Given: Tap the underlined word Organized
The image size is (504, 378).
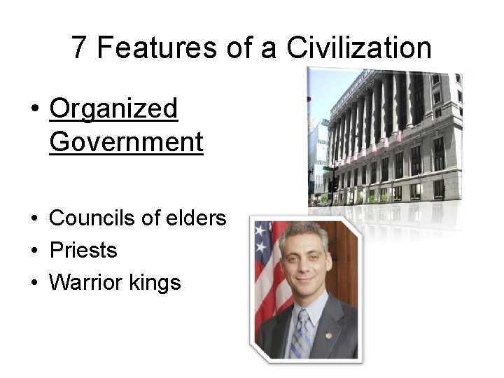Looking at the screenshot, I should [x=114, y=108].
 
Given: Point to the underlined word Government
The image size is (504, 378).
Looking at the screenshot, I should [x=126, y=141].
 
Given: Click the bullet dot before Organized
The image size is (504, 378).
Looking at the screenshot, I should [x=34, y=111].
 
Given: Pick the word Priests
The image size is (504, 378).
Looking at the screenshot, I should [x=83, y=250].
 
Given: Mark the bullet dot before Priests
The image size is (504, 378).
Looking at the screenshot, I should [x=34, y=251].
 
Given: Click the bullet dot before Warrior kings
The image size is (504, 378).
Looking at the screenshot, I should [x=34, y=283].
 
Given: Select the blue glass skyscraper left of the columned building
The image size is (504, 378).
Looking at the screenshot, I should [x=319, y=157].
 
